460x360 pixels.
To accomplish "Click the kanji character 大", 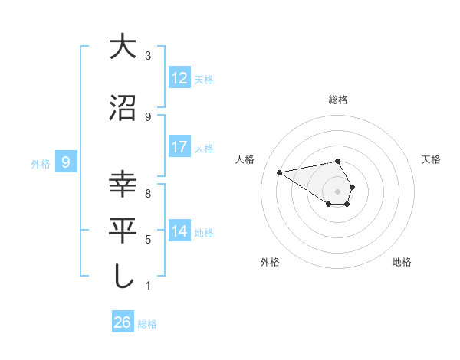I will [x=123, y=47].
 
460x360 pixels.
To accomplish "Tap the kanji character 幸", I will [x=123, y=185].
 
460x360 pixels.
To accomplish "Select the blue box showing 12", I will [x=179, y=78].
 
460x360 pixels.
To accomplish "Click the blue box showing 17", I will [x=179, y=147].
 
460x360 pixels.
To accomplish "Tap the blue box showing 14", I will [x=179, y=231].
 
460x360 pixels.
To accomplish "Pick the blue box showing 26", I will [x=123, y=322].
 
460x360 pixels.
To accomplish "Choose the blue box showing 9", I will [x=67, y=162].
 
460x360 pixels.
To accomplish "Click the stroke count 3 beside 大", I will [x=148, y=56].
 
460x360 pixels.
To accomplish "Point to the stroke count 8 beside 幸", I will [x=148, y=194].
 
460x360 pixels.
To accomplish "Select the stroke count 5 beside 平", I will [x=148, y=240].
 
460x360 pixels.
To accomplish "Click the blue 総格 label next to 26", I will [x=147, y=324].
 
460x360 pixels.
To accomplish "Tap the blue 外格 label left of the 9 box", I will [x=41, y=163].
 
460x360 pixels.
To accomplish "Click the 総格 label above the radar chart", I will [x=338, y=100].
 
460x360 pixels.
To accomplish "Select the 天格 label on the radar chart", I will [x=431, y=159].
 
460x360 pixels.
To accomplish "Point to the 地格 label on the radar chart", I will [x=402, y=262].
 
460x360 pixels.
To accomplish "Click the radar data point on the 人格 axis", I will [x=280, y=172].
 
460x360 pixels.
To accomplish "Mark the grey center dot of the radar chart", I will [x=338, y=191].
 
